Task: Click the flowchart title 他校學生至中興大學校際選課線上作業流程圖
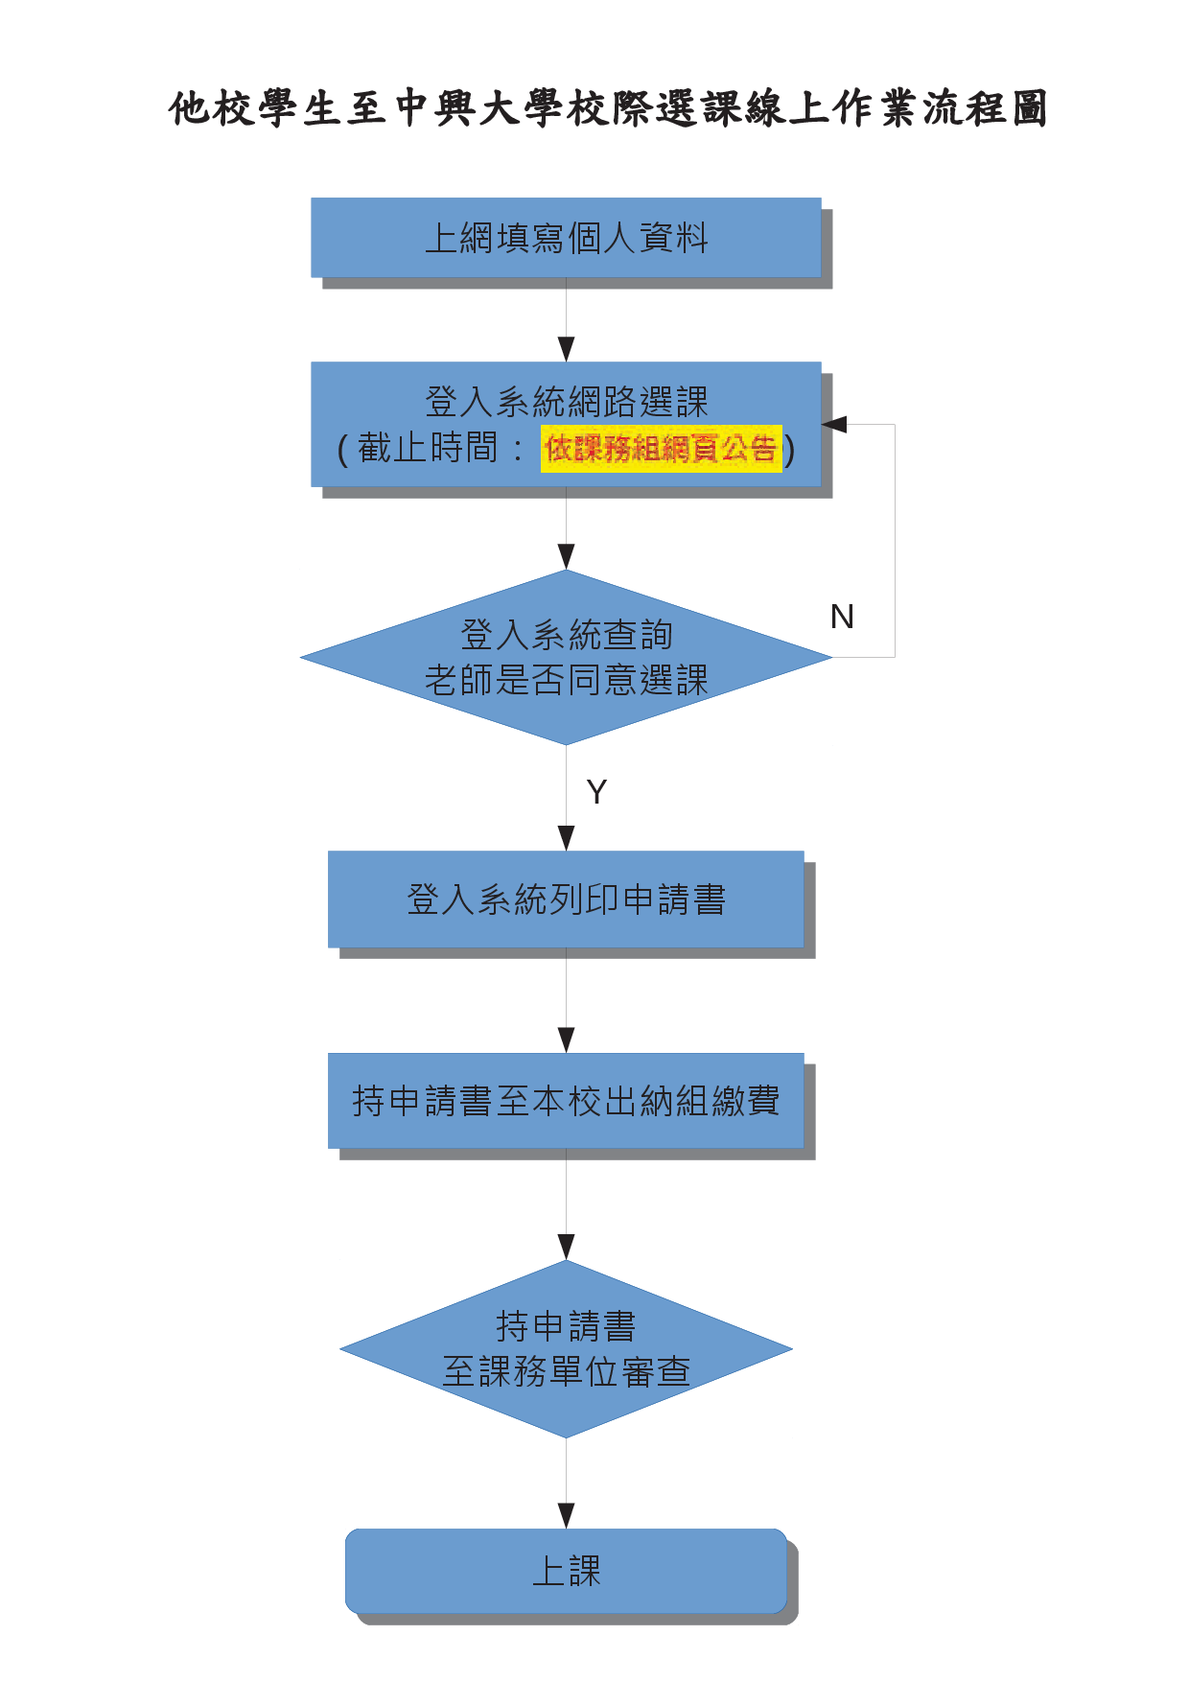click(x=608, y=109)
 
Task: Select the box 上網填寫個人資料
click(x=566, y=238)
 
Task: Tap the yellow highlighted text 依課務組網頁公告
click(x=661, y=449)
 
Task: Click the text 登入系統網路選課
click(x=566, y=402)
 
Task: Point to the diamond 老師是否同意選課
click(x=566, y=658)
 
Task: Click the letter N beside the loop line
click(x=842, y=617)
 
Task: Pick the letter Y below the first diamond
click(x=596, y=792)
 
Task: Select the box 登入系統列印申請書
click(x=566, y=899)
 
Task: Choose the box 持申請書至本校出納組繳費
click(x=566, y=1101)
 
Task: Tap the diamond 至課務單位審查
click(x=566, y=1349)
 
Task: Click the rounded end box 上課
click(x=566, y=1571)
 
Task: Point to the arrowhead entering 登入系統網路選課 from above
click(x=566, y=350)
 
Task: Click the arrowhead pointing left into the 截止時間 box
click(x=834, y=424)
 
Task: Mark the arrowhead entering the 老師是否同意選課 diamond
click(x=566, y=557)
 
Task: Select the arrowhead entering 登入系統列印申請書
click(x=566, y=838)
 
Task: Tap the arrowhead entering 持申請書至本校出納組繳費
click(x=566, y=1040)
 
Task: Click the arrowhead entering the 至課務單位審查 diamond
click(x=566, y=1248)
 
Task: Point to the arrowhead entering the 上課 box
click(x=566, y=1516)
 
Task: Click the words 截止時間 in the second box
click(x=428, y=448)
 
